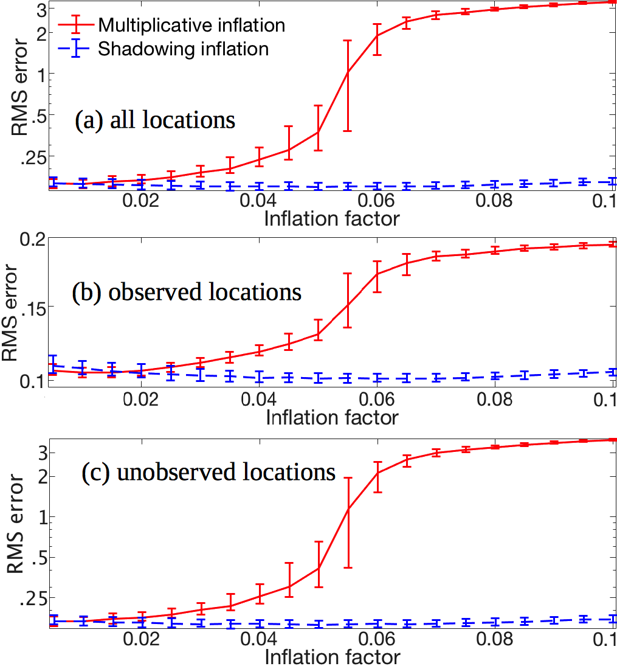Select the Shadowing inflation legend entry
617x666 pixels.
click(183, 49)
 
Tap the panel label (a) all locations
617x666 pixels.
click(154, 120)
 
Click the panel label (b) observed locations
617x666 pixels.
click(186, 292)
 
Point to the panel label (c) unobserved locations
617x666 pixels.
click(209, 471)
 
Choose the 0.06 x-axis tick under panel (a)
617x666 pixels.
click(377, 201)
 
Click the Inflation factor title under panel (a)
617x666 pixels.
click(332, 218)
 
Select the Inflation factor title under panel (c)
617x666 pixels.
click(332, 657)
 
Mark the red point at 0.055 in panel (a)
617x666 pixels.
click(348, 72)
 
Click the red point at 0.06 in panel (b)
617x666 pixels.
click(377, 274)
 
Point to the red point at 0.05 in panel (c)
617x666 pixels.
click(319, 568)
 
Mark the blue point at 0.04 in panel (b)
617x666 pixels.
click(260, 377)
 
